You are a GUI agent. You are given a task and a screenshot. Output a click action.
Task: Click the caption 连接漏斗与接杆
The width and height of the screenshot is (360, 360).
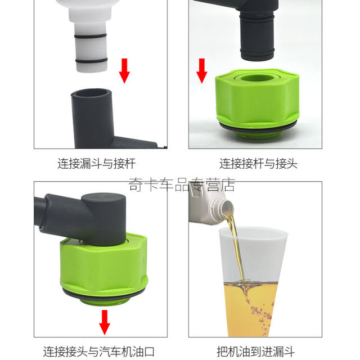[96, 164]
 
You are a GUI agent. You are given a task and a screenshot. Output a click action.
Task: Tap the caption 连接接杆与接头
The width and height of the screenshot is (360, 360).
[258, 164]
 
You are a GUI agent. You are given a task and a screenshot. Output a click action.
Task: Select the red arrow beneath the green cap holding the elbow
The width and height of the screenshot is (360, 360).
[105, 321]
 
